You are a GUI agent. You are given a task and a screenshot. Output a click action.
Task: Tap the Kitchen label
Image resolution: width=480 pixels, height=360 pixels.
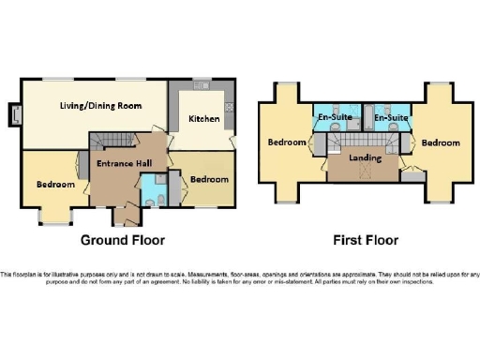[x=203, y=119]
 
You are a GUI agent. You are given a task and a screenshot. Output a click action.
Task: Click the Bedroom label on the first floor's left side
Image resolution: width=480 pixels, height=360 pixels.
[x=287, y=142]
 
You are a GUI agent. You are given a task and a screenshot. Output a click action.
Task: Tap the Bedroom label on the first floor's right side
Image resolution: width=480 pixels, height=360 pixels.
[x=440, y=142]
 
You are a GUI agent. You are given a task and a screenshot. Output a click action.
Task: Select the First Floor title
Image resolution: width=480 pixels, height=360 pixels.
[x=366, y=239]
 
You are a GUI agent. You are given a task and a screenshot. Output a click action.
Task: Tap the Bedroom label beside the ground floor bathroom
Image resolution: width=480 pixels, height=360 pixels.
[x=208, y=179]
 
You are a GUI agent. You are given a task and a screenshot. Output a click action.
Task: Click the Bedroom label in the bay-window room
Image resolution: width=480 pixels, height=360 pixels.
[x=55, y=184]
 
